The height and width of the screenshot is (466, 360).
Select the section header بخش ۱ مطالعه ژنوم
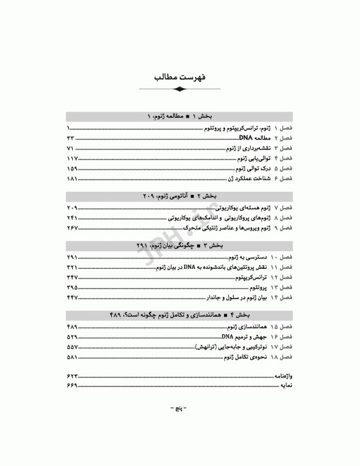point(180,116)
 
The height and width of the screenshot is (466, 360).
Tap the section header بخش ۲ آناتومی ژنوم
point(180,196)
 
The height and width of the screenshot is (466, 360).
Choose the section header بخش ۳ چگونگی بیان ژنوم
point(180,245)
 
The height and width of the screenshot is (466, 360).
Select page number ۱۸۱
point(72,178)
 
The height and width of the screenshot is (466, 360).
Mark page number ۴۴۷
point(72,297)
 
